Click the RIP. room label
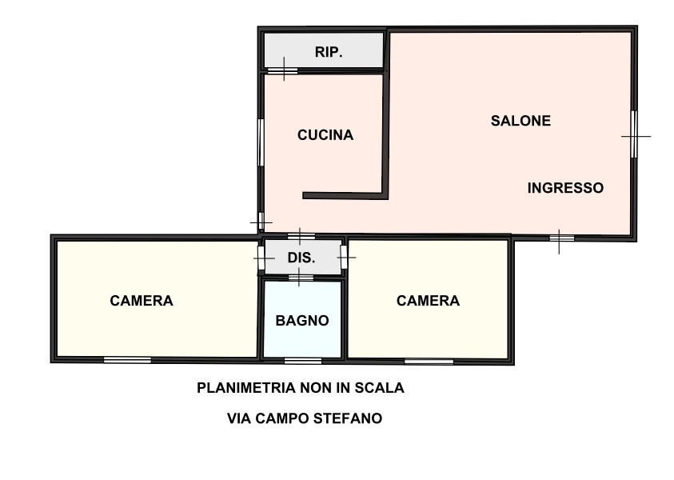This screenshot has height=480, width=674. (x=329, y=52)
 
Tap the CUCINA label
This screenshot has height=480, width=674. (x=325, y=135)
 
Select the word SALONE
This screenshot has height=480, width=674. (x=520, y=121)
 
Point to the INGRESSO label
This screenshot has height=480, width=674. (x=565, y=188)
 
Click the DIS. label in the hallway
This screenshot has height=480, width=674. (x=301, y=258)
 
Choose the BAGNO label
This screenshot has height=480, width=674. (x=302, y=321)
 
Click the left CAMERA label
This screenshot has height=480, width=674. (x=142, y=301)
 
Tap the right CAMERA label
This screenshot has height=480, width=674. (x=428, y=301)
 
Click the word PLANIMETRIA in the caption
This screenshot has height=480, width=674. (x=246, y=388)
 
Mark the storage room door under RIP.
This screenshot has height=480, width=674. (x=282, y=70)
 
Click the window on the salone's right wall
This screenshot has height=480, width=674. (x=634, y=134)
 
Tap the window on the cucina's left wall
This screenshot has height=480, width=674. (x=260, y=142)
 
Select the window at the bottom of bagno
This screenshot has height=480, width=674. (x=303, y=361)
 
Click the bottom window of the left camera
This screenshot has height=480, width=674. (x=127, y=360)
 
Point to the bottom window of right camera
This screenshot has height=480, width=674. (x=429, y=362)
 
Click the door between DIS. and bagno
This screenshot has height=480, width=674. (x=301, y=278)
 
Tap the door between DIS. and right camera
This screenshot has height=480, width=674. (x=344, y=258)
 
